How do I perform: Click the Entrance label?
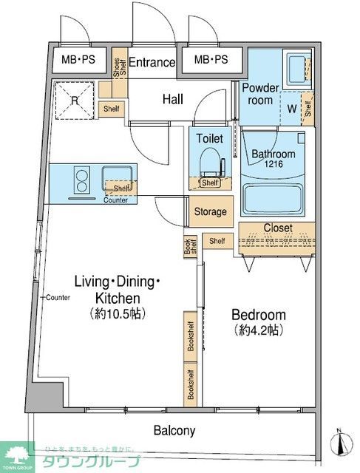pyautogui.click(x=153, y=63)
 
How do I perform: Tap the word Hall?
pyautogui.click(x=173, y=98)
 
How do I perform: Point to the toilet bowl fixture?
pyautogui.click(x=211, y=158)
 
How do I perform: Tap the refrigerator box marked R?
pyautogui.click(x=75, y=103)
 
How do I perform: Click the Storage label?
pyautogui.click(x=211, y=212)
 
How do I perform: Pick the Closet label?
pyautogui.click(x=278, y=228)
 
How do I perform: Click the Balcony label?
pyautogui.click(x=174, y=430)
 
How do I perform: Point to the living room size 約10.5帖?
pyautogui.click(x=117, y=313)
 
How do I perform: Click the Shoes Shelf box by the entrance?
pyautogui.click(x=118, y=68)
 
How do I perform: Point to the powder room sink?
pyautogui.click(x=297, y=69)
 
